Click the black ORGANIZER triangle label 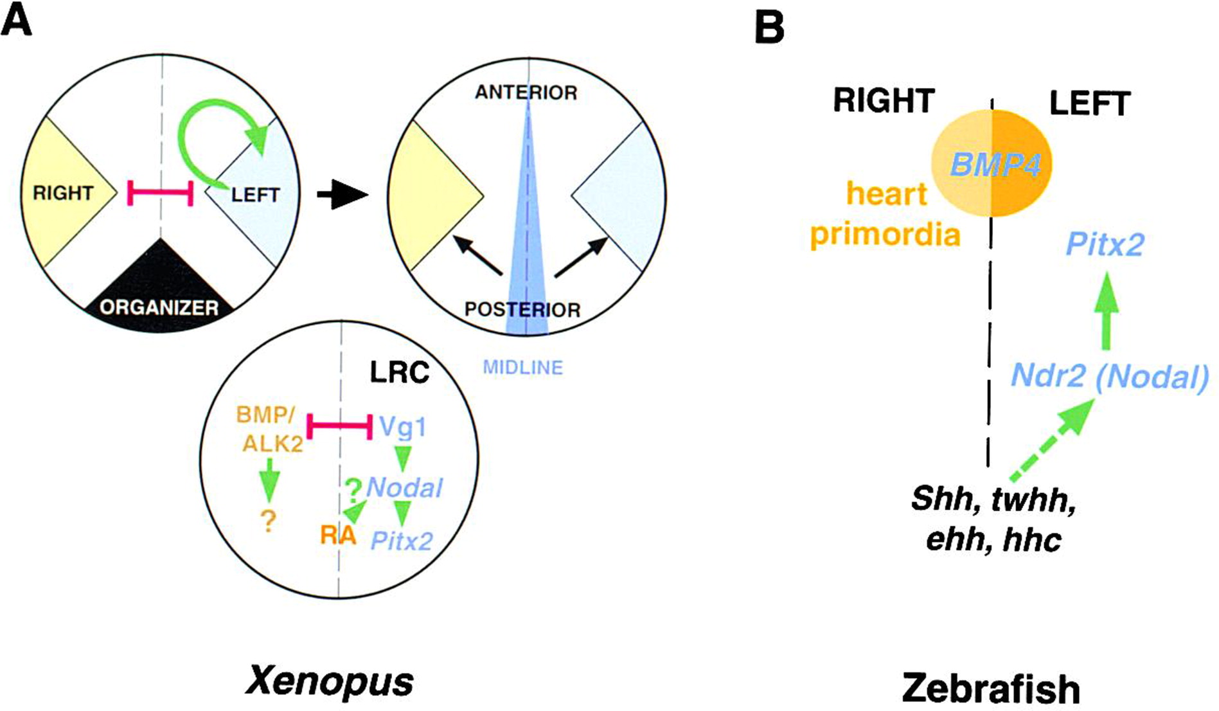pos(159,307)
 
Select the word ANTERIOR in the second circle pos(526,93)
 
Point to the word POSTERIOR pos(522,309)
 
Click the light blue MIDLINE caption pos(522,368)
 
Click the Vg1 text pos(403,427)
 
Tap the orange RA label pos(337,535)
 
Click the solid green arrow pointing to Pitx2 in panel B pos(1106,312)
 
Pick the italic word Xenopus pos(330,681)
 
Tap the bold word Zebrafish pos(990,688)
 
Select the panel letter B pos(769,28)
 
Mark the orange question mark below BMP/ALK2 pos(268,521)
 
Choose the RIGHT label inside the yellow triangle pos(63,193)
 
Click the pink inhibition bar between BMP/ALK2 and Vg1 pos(340,426)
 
